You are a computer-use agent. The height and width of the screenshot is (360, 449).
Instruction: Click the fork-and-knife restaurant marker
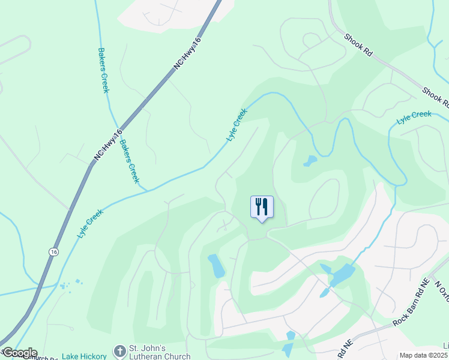262,207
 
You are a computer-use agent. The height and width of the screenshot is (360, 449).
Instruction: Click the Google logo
19,353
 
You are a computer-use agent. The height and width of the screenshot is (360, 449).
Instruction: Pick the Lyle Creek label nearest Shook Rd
414,118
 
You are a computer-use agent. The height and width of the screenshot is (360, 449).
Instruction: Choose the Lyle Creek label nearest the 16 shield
90,223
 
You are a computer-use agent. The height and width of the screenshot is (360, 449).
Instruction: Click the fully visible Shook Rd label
358,45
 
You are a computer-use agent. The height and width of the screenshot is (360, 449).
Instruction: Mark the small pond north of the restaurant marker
310,161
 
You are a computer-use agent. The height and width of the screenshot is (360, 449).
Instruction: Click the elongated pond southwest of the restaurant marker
215,265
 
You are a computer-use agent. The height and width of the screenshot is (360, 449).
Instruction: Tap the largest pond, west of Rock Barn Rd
342,275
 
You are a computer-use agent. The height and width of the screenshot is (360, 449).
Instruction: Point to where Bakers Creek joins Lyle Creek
146,190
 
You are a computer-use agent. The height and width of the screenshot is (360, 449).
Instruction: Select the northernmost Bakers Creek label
102,71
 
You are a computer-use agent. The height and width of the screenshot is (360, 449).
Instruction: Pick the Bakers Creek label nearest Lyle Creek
129,161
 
